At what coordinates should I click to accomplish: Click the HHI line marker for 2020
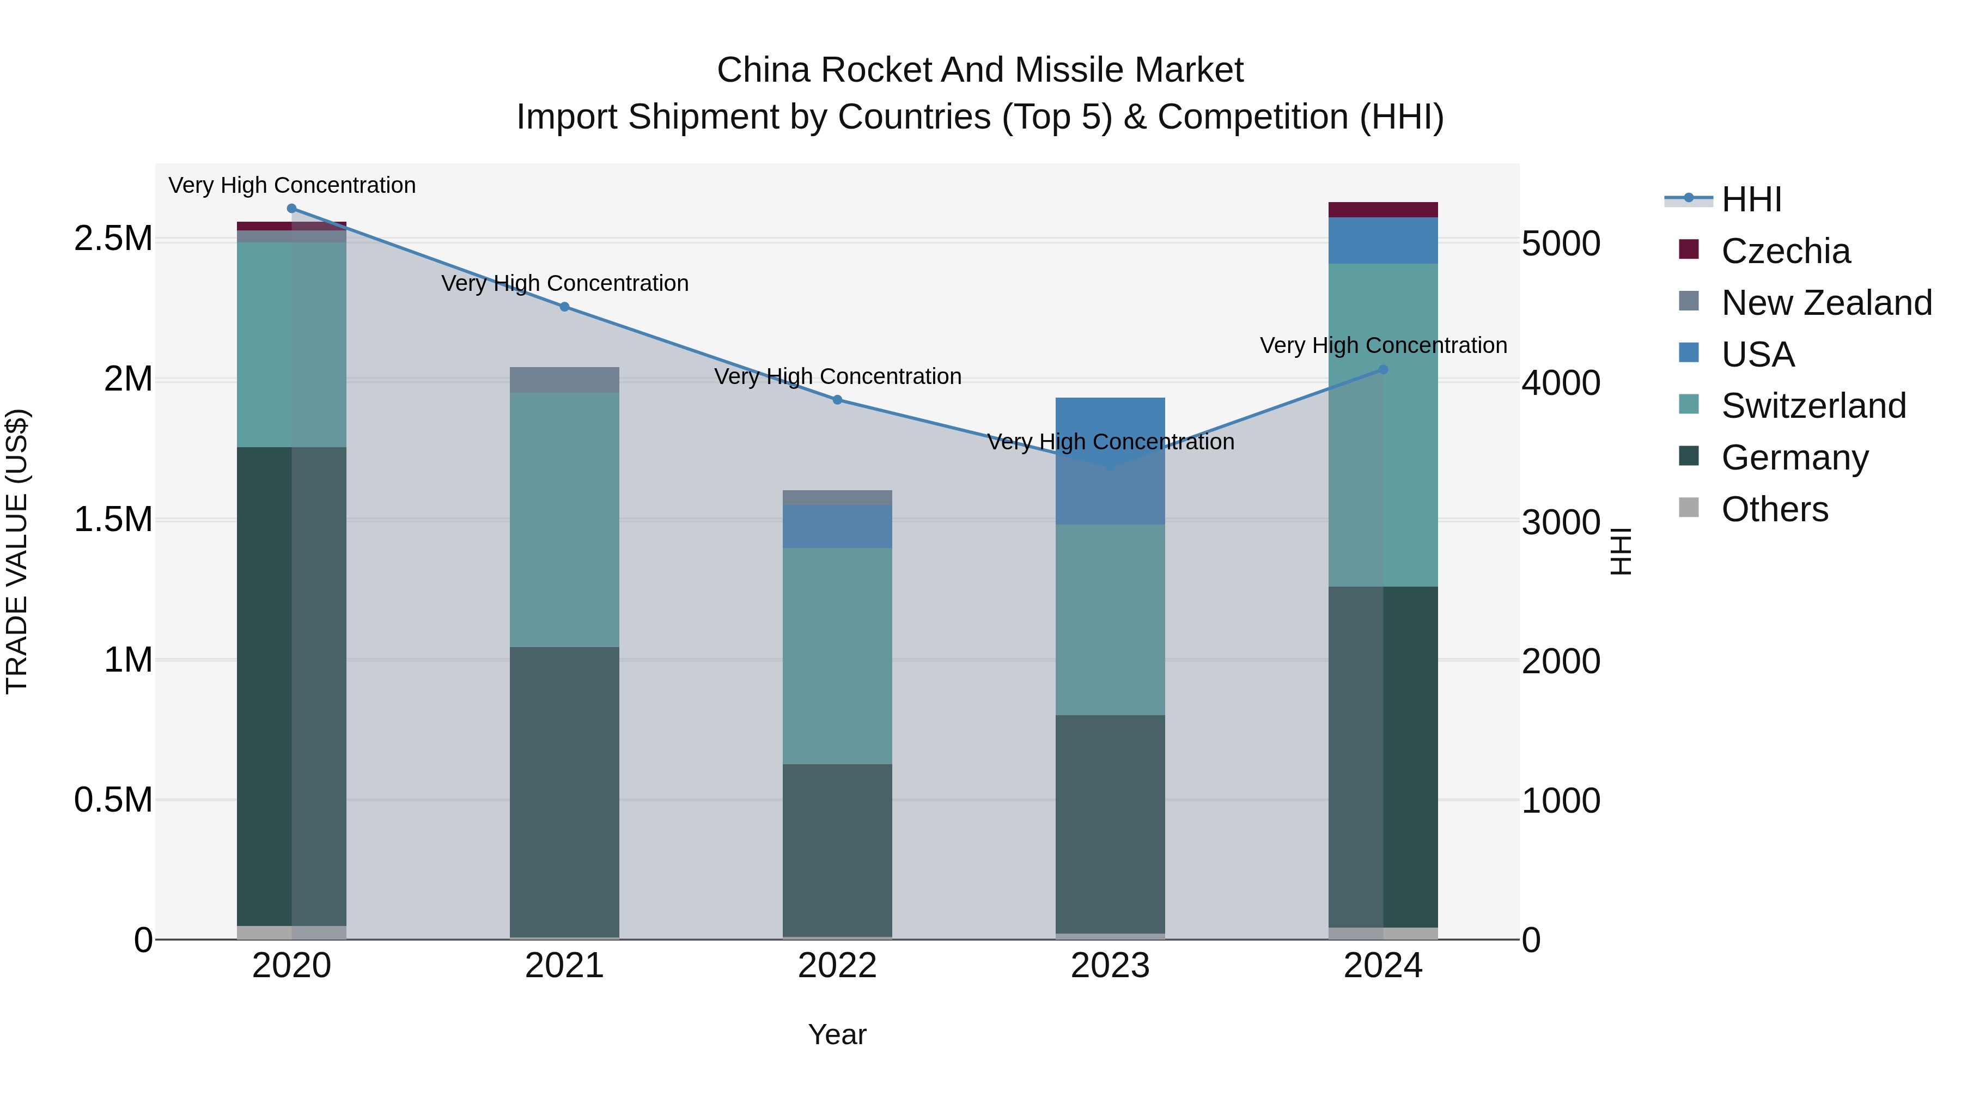pyautogui.click(x=291, y=209)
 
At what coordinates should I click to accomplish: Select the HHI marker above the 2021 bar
pyautogui.click(x=564, y=307)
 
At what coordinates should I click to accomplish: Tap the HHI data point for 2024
pyautogui.click(x=1383, y=370)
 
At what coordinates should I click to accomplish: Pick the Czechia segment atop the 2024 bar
pyautogui.click(x=1383, y=210)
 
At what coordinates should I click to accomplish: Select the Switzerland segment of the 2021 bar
pyautogui.click(x=564, y=520)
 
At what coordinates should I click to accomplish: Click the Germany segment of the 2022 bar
pyautogui.click(x=837, y=850)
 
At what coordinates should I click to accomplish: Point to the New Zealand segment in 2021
pyautogui.click(x=564, y=380)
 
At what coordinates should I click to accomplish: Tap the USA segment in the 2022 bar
pyautogui.click(x=837, y=526)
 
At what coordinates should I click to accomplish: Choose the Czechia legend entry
pyautogui.click(x=1785, y=251)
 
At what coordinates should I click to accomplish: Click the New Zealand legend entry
pyautogui.click(x=1825, y=303)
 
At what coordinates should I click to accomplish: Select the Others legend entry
pyautogui.click(x=1774, y=509)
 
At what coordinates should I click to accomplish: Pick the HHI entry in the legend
pyautogui.click(x=1750, y=199)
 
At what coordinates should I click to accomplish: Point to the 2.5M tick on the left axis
pyautogui.click(x=113, y=239)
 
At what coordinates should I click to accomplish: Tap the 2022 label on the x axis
pyautogui.click(x=837, y=966)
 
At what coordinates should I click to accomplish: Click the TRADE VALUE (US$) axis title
pyautogui.click(x=17, y=551)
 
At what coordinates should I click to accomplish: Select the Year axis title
pyautogui.click(x=837, y=1034)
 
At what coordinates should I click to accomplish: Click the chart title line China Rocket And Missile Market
pyautogui.click(x=980, y=70)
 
